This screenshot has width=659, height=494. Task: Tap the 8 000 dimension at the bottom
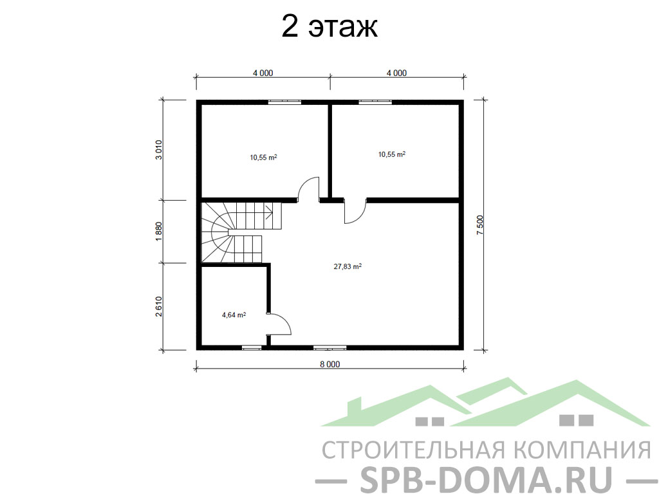tap(329, 364)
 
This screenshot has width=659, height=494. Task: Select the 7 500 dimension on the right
tap(480, 224)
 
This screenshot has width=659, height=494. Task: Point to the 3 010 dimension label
tap(158, 149)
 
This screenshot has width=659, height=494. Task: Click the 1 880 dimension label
tap(158, 232)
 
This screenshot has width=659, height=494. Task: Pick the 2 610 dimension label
tap(158, 306)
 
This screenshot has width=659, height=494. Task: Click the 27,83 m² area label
tap(348, 266)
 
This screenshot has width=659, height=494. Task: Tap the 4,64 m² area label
tap(234, 315)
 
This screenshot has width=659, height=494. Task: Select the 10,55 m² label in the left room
tap(263, 158)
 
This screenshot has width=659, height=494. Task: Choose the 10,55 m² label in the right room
tap(392, 154)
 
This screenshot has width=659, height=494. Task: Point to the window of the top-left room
tap(284, 102)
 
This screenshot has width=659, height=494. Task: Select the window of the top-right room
tap(375, 102)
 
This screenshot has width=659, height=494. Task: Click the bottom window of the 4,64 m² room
tap(252, 347)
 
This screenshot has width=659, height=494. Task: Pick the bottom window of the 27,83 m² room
tap(330, 347)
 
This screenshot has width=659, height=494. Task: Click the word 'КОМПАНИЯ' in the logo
tap(583, 450)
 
